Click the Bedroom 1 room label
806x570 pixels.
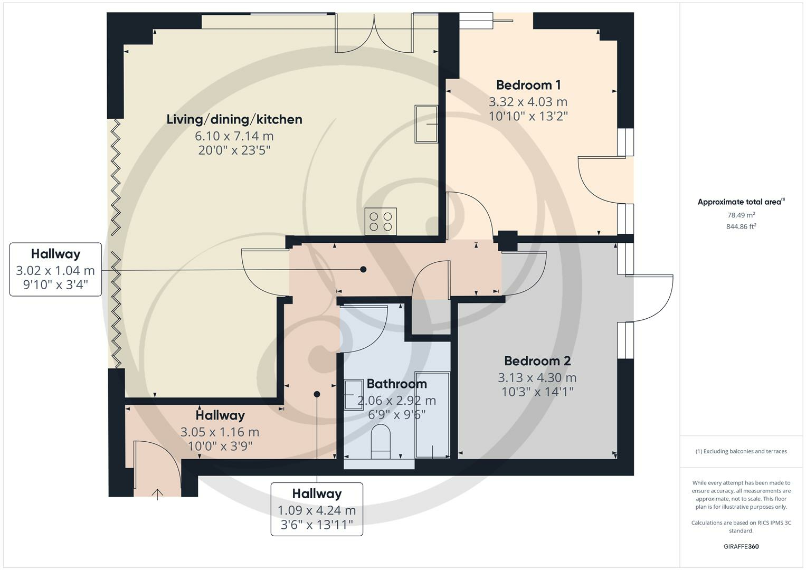528,85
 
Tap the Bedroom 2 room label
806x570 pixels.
537,361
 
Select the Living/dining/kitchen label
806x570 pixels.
234,119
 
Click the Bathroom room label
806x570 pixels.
396,384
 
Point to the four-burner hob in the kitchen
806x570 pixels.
381,222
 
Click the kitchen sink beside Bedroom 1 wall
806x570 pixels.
426,124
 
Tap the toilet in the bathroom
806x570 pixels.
381,442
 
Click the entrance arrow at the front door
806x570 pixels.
158,493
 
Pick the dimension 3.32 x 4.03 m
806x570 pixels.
528,101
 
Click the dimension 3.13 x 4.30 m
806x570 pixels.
537,377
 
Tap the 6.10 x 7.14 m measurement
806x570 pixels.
234,136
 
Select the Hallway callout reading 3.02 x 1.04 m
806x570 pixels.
55,269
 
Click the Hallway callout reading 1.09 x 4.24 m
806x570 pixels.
317,509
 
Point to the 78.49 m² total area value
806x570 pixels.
741,215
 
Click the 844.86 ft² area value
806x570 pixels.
741,226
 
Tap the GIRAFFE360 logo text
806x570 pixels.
741,546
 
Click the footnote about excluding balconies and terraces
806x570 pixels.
741,451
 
